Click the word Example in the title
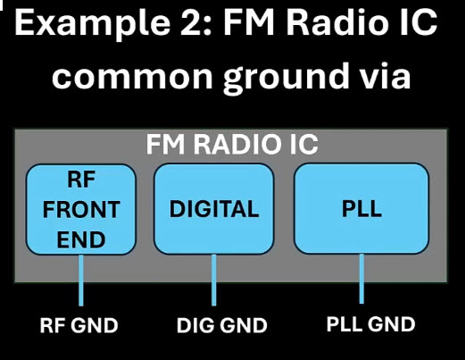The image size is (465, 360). tap(92, 24)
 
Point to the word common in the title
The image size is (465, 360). tap(132, 77)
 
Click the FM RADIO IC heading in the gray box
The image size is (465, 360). tap(232, 144)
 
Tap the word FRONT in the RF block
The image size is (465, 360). tap(81, 210)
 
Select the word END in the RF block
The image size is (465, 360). tap(81, 239)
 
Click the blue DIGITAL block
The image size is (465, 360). tap(213, 209)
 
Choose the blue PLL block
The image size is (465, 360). tap(361, 208)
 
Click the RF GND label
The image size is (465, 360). tap(79, 325)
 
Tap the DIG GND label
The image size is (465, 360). tap(222, 325)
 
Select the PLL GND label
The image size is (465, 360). tap(370, 324)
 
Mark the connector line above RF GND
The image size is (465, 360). tap(81, 280)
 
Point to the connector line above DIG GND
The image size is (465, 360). tap(213, 280)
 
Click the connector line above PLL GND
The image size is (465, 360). tap(361, 279)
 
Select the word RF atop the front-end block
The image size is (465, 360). tap(81, 180)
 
